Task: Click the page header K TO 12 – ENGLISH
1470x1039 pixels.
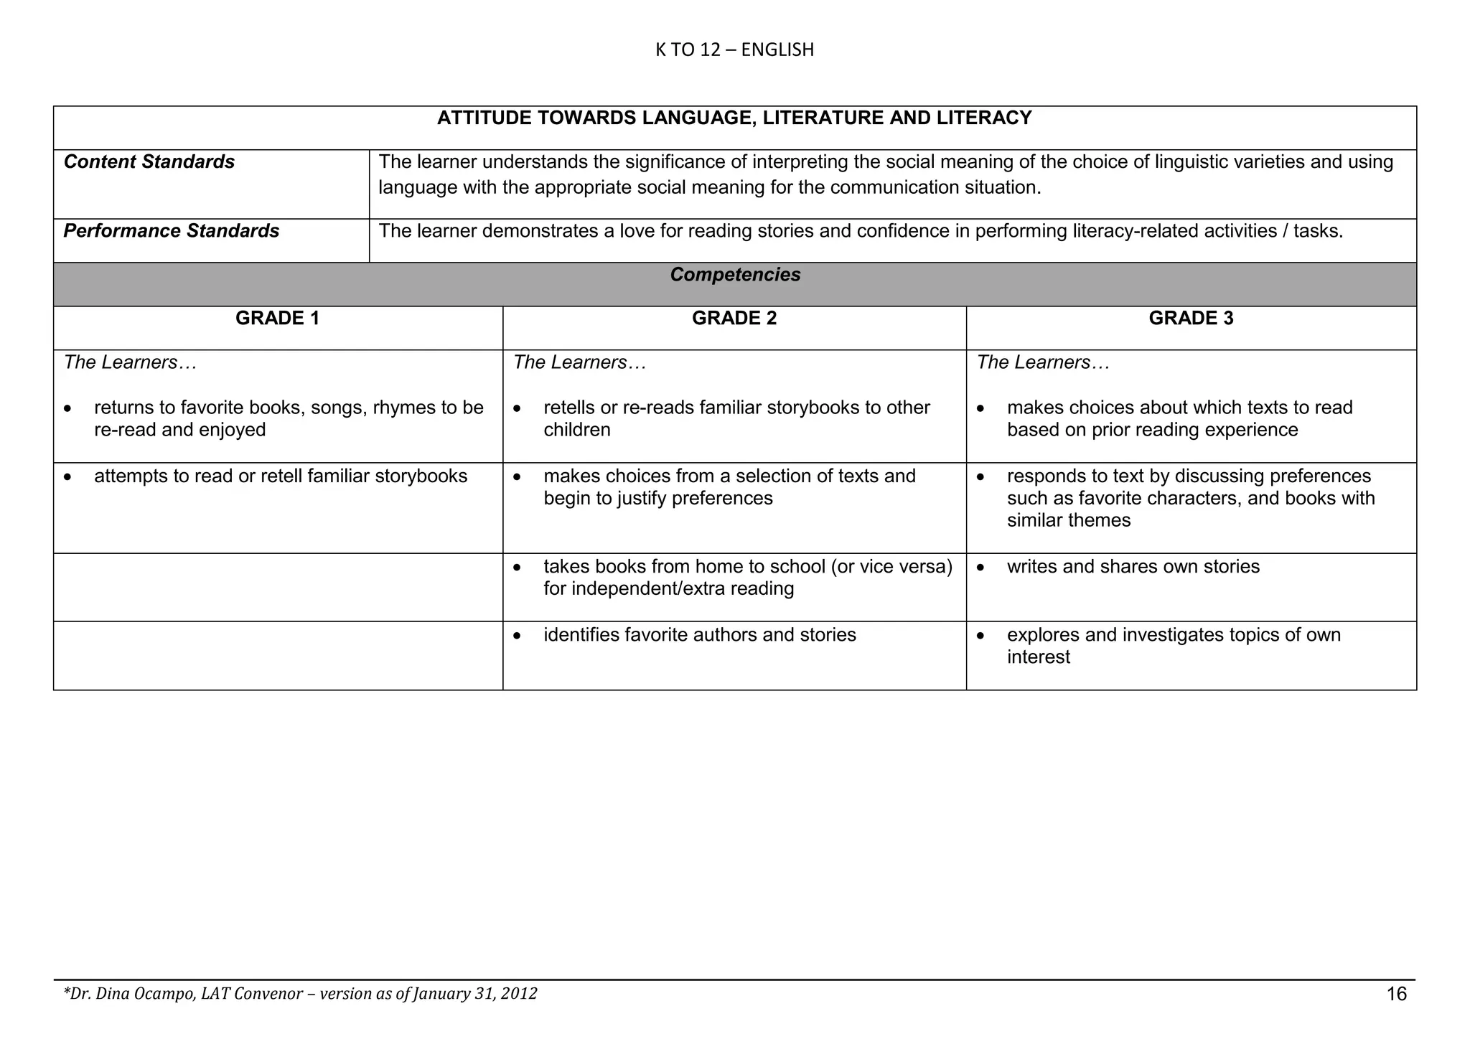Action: [734, 50]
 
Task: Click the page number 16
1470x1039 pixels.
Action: [1396, 994]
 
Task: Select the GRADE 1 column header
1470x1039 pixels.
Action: [277, 319]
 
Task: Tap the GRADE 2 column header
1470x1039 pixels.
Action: [734, 319]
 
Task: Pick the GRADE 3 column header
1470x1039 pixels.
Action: [1191, 319]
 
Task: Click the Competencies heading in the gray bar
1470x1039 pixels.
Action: [735, 275]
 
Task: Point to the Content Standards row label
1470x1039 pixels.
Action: [149, 162]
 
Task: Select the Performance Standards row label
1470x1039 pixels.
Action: [172, 231]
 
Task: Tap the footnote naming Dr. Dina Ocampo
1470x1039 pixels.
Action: [300, 994]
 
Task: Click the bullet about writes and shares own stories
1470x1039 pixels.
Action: [1133, 567]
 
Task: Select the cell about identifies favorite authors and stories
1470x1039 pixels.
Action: [699, 635]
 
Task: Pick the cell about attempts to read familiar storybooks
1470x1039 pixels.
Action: [281, 476]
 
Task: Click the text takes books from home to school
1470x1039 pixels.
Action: [747, 567]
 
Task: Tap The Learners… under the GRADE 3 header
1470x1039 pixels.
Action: [1042, 362]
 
